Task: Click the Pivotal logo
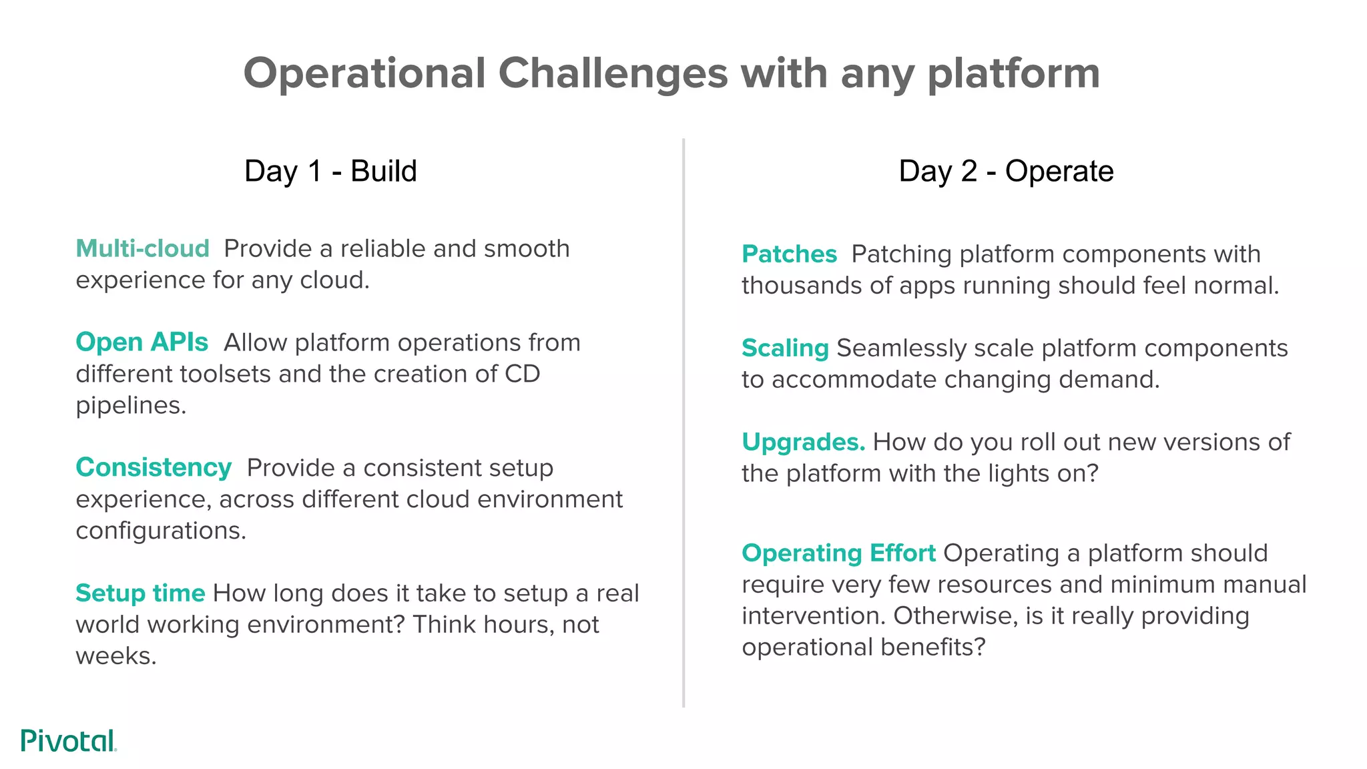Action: point(68,740)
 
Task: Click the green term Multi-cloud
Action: point(142,248)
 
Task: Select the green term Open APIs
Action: point(142,342)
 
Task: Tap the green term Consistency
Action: point(154,467)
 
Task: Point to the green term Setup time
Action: point(140,593)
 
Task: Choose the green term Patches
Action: point(789,254)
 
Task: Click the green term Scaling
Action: point(785,348)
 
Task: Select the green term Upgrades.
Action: point(803,442)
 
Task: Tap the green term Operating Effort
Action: point(838,553)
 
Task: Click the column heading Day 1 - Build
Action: point(330,171)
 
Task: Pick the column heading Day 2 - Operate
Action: point(1006,171)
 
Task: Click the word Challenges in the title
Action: point(613,73)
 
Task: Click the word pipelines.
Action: point(130,406)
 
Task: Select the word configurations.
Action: point(160,531)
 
